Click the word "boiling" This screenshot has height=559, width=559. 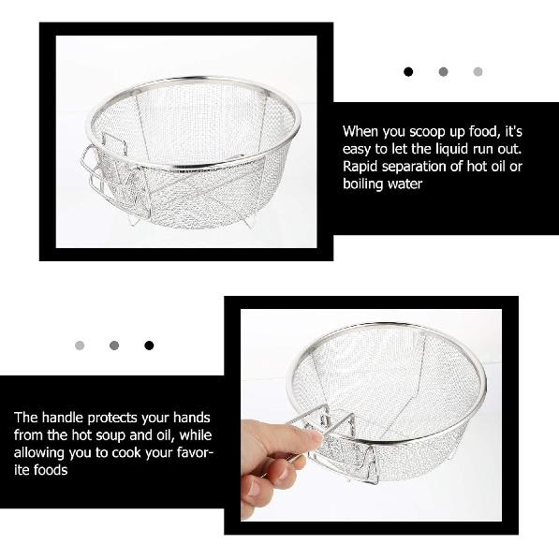coord(363,184)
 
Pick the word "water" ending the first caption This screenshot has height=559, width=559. coord(405,184)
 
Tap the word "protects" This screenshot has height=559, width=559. coord(120,418)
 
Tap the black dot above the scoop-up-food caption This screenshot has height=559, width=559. coord(408,71)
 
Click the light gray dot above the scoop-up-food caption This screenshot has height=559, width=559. coord(478,71)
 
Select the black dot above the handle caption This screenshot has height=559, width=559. coord(149,346)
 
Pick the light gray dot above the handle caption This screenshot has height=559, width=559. coord(80,346)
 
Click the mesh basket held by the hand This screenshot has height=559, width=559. coord(393,393)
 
